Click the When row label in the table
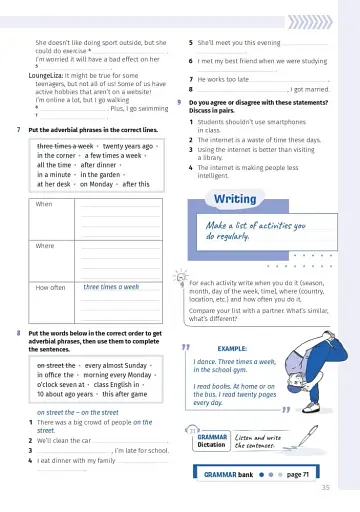44,204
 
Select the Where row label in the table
45,245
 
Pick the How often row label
50,287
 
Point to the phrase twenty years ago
128,146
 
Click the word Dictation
211,445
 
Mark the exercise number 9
179,102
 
